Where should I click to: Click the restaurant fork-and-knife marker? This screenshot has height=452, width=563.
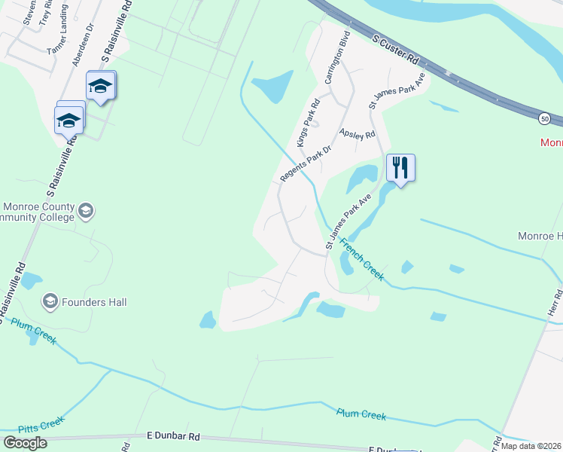[400, 168]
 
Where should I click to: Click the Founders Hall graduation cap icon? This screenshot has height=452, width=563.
[50, 302]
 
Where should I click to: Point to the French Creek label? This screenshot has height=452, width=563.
[362, 260]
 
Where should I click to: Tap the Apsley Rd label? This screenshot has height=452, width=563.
[358, 134]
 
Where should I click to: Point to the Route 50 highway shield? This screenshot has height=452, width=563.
[544, 119]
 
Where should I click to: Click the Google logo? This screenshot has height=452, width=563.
[26, 443]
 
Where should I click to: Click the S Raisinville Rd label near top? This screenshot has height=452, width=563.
[117, 30]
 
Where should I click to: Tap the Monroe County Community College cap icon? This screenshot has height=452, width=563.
[85, 211]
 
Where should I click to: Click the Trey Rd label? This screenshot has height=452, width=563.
[47, 14]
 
